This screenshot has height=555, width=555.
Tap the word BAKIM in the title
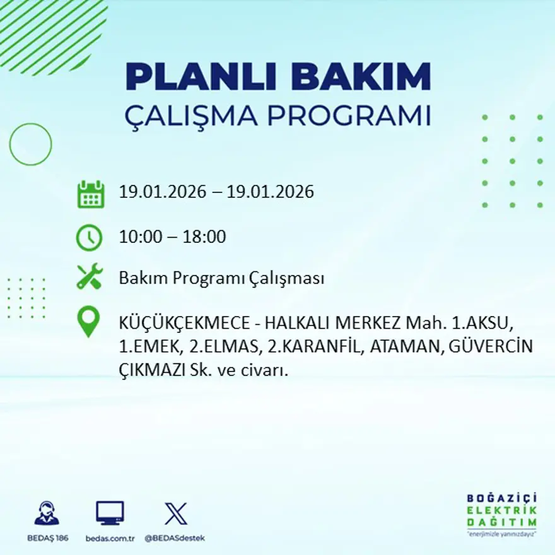pos(361,77)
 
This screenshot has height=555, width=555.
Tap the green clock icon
pos(89,238)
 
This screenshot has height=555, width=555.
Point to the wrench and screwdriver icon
pos(89,277)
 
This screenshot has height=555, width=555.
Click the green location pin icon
pos(88,321)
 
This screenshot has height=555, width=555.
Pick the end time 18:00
pos(204,238)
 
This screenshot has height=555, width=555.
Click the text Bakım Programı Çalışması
pos(221,278)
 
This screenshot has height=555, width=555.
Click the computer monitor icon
pos(110,513)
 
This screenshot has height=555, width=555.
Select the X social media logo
pos(175,513)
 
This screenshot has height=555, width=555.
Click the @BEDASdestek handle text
pos(175,538)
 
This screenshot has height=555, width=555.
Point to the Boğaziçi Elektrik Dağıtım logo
pos(502,514)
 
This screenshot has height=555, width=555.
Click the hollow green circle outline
pos(30,144)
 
